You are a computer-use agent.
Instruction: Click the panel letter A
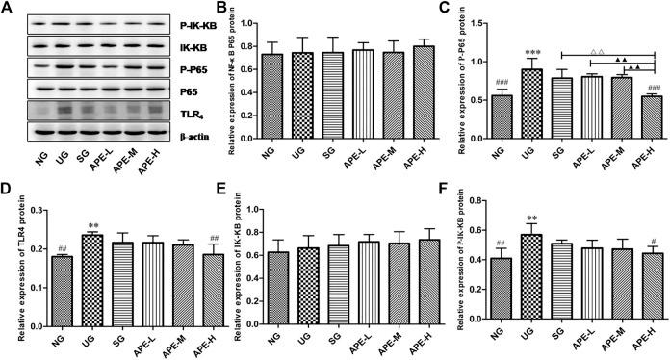[x=8, y=8]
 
